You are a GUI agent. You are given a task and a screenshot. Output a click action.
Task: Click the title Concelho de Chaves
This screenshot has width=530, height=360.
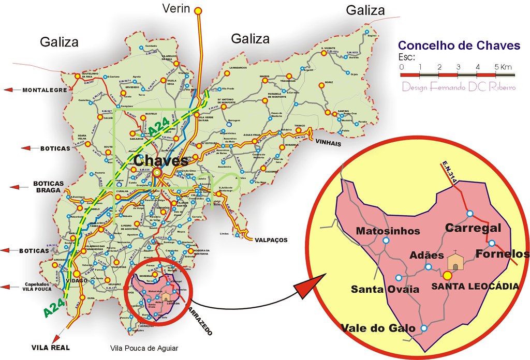point(460,46)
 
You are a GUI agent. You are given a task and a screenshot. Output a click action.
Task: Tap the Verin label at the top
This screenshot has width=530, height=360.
point(177,8)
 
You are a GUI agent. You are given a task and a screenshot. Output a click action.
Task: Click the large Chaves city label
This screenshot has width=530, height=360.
point(160,160)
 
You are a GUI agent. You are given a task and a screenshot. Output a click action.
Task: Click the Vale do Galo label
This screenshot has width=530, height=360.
point(378,328)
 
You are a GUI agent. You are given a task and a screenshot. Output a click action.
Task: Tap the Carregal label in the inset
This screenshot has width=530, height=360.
point(473,228)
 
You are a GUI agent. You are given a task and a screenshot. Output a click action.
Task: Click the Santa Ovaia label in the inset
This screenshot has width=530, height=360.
point(385,289)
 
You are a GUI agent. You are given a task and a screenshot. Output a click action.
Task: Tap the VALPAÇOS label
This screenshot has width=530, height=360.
point(271,240)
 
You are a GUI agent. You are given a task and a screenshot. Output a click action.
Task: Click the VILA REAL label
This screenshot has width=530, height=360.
point(50,348)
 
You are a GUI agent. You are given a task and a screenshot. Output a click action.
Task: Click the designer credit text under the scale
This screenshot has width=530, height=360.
point(459,86)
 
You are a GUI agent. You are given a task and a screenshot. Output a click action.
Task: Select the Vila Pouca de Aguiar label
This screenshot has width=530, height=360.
point(144,349)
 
